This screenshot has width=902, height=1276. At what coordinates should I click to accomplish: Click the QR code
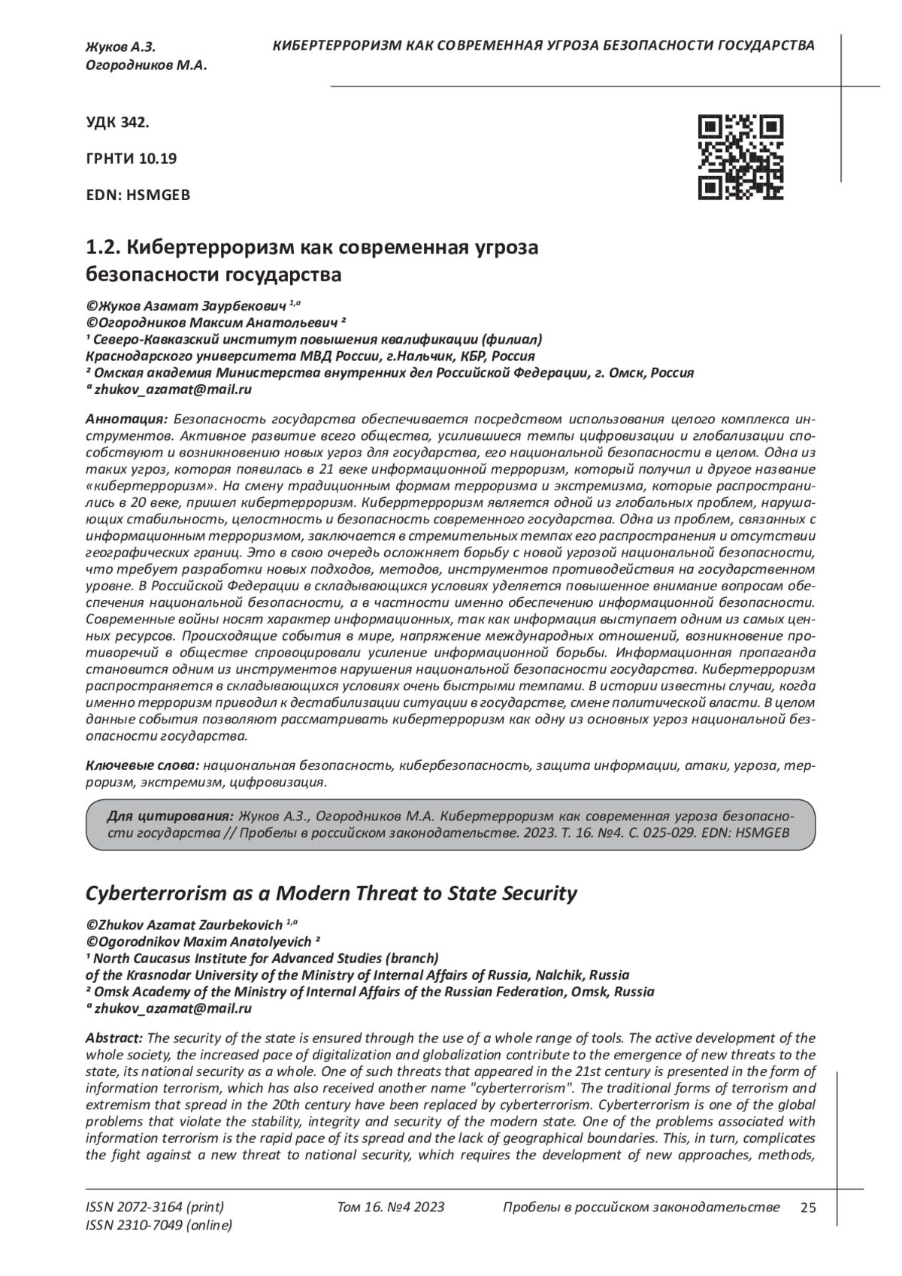coord(740,158)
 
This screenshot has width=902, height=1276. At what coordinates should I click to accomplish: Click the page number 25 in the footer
coord(808,1208)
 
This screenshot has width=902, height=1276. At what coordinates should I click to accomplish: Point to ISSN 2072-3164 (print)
coord(155,1208)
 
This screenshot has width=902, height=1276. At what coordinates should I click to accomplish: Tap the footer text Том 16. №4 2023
coord(391,1208)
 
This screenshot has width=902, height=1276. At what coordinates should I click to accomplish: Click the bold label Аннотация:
coord(126,419)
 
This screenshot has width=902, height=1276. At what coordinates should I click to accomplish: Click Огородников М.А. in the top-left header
coord(146,65)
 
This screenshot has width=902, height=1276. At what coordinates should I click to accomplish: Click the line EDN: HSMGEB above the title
coord(138,195)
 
